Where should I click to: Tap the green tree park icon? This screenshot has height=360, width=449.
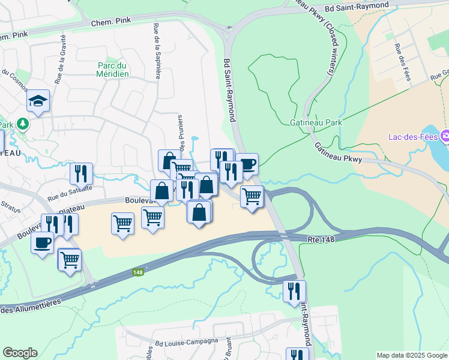click(x=23, y=124)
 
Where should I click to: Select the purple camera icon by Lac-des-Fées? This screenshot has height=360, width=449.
click(x=445, y=137)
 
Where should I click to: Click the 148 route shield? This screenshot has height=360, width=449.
click(x=139, y=272)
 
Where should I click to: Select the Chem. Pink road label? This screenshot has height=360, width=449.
click(x=110, y=23)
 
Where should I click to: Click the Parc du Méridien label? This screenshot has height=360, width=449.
click(x=113, y=70)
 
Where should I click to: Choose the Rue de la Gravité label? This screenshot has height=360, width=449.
click(x=61, y=66)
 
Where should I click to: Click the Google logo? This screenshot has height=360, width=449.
click(x=20, y=353)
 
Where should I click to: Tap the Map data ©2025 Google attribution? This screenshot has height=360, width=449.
click(x=411, y=355)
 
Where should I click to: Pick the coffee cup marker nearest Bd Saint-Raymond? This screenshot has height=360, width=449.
click(x=246, y=163)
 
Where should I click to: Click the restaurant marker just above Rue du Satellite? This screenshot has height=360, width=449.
click(x=81, y=173)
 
